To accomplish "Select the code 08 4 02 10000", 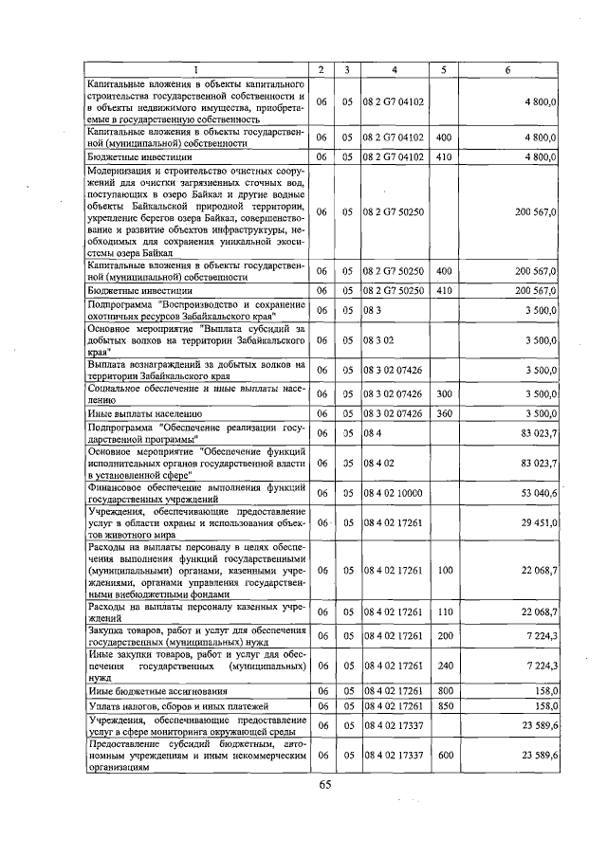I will (393, 493).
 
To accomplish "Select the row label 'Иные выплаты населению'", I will (143, 414).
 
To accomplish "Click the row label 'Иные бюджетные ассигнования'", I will (154, 691).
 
